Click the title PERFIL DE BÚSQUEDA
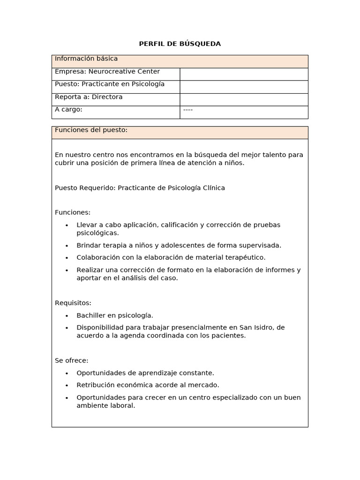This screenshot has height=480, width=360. pos(180,44)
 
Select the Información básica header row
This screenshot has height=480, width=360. pos(180,61)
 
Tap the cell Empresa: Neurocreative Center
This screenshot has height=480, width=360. pos(115,74)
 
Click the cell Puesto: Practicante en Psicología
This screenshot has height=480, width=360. pos(115,86)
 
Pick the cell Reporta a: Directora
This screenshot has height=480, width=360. pos(115,99)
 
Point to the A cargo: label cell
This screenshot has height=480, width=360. pos(115,112)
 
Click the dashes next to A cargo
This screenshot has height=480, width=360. pos(187,110)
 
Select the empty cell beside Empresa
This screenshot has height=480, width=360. pos(244,74)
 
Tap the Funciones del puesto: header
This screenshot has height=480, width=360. pos(180,132)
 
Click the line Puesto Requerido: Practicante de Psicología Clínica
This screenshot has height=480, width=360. pos(140,188)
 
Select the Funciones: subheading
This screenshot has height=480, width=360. pos(73,212)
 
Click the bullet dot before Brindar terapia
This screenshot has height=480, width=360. pos(67,246)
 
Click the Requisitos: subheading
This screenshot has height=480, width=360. pos(73,303)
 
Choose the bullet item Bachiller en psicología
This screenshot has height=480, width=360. pos(115,315)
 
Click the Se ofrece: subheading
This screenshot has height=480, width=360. pos(72,360)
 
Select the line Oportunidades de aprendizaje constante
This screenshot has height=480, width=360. pos(145,373)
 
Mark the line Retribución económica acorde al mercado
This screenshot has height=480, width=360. pos(148,385)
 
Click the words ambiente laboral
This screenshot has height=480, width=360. pos(105,405)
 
